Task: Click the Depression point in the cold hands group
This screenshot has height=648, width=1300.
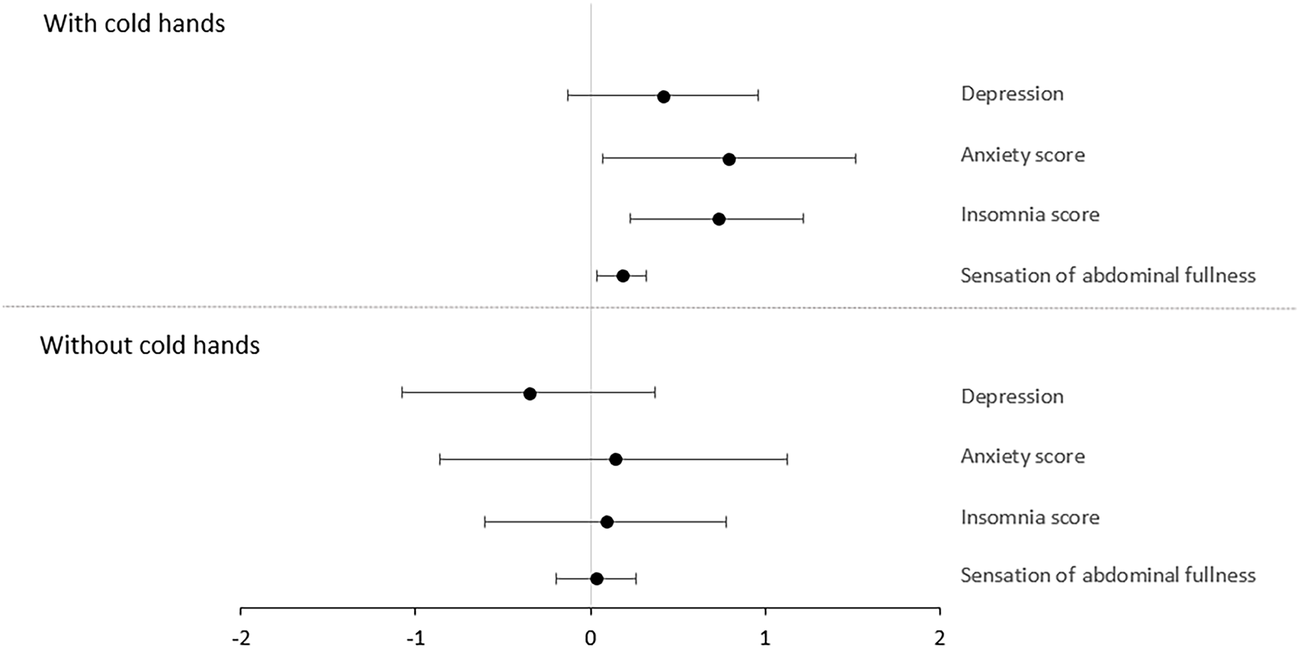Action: (x=664, y=96)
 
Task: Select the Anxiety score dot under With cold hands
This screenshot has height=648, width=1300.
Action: (x=729, y=160)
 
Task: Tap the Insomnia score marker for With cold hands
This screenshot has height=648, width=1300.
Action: (x=719, y=219)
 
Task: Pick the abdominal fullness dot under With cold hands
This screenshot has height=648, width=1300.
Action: (x=623, y=276)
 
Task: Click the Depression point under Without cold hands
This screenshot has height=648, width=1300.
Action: (x=529, y=394)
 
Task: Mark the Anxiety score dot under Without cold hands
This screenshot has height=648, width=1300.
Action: (x=615, y=459)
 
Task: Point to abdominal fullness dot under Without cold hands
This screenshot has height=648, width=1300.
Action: (x=597, y=579)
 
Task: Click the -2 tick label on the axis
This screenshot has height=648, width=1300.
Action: (x=241, y=638)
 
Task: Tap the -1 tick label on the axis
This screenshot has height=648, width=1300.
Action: (x=416, y=638)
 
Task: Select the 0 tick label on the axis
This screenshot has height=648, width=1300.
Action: (x=591, y=638)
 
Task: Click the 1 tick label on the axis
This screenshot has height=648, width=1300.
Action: (x=765, y=638)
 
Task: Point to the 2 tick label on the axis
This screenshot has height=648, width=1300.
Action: (x=939, y=638)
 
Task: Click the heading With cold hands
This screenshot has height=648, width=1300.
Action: (x=134, y=24)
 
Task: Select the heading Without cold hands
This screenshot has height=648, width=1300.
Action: (x=150, y=346)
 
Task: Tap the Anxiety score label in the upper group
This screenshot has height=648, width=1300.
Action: (x=1022, y=154)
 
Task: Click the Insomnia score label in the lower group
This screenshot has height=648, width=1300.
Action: (x=1029, y=517)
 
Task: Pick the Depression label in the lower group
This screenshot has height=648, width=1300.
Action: (x=1012, y=396)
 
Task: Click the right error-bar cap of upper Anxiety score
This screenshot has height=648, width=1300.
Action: (x=855, y=160)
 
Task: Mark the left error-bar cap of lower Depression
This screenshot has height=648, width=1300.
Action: (x=402, y=394)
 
